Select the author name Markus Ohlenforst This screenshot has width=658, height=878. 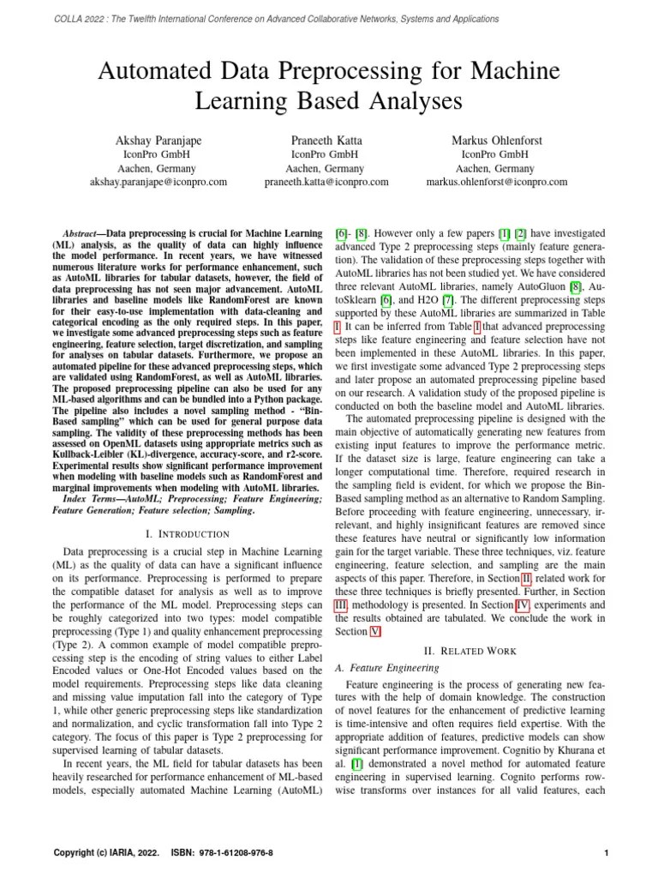pyautogui.click(x=496, y=139)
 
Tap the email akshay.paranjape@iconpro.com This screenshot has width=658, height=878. pyautogui.click(x=159, y=182)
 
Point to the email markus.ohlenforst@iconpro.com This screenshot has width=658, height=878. pyautogui.click(x=496, y=182)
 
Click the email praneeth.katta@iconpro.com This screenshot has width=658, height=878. pyautogui.click(x=326, y=182)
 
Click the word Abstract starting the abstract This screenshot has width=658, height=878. pyautogui.click(x=83, y=233)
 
